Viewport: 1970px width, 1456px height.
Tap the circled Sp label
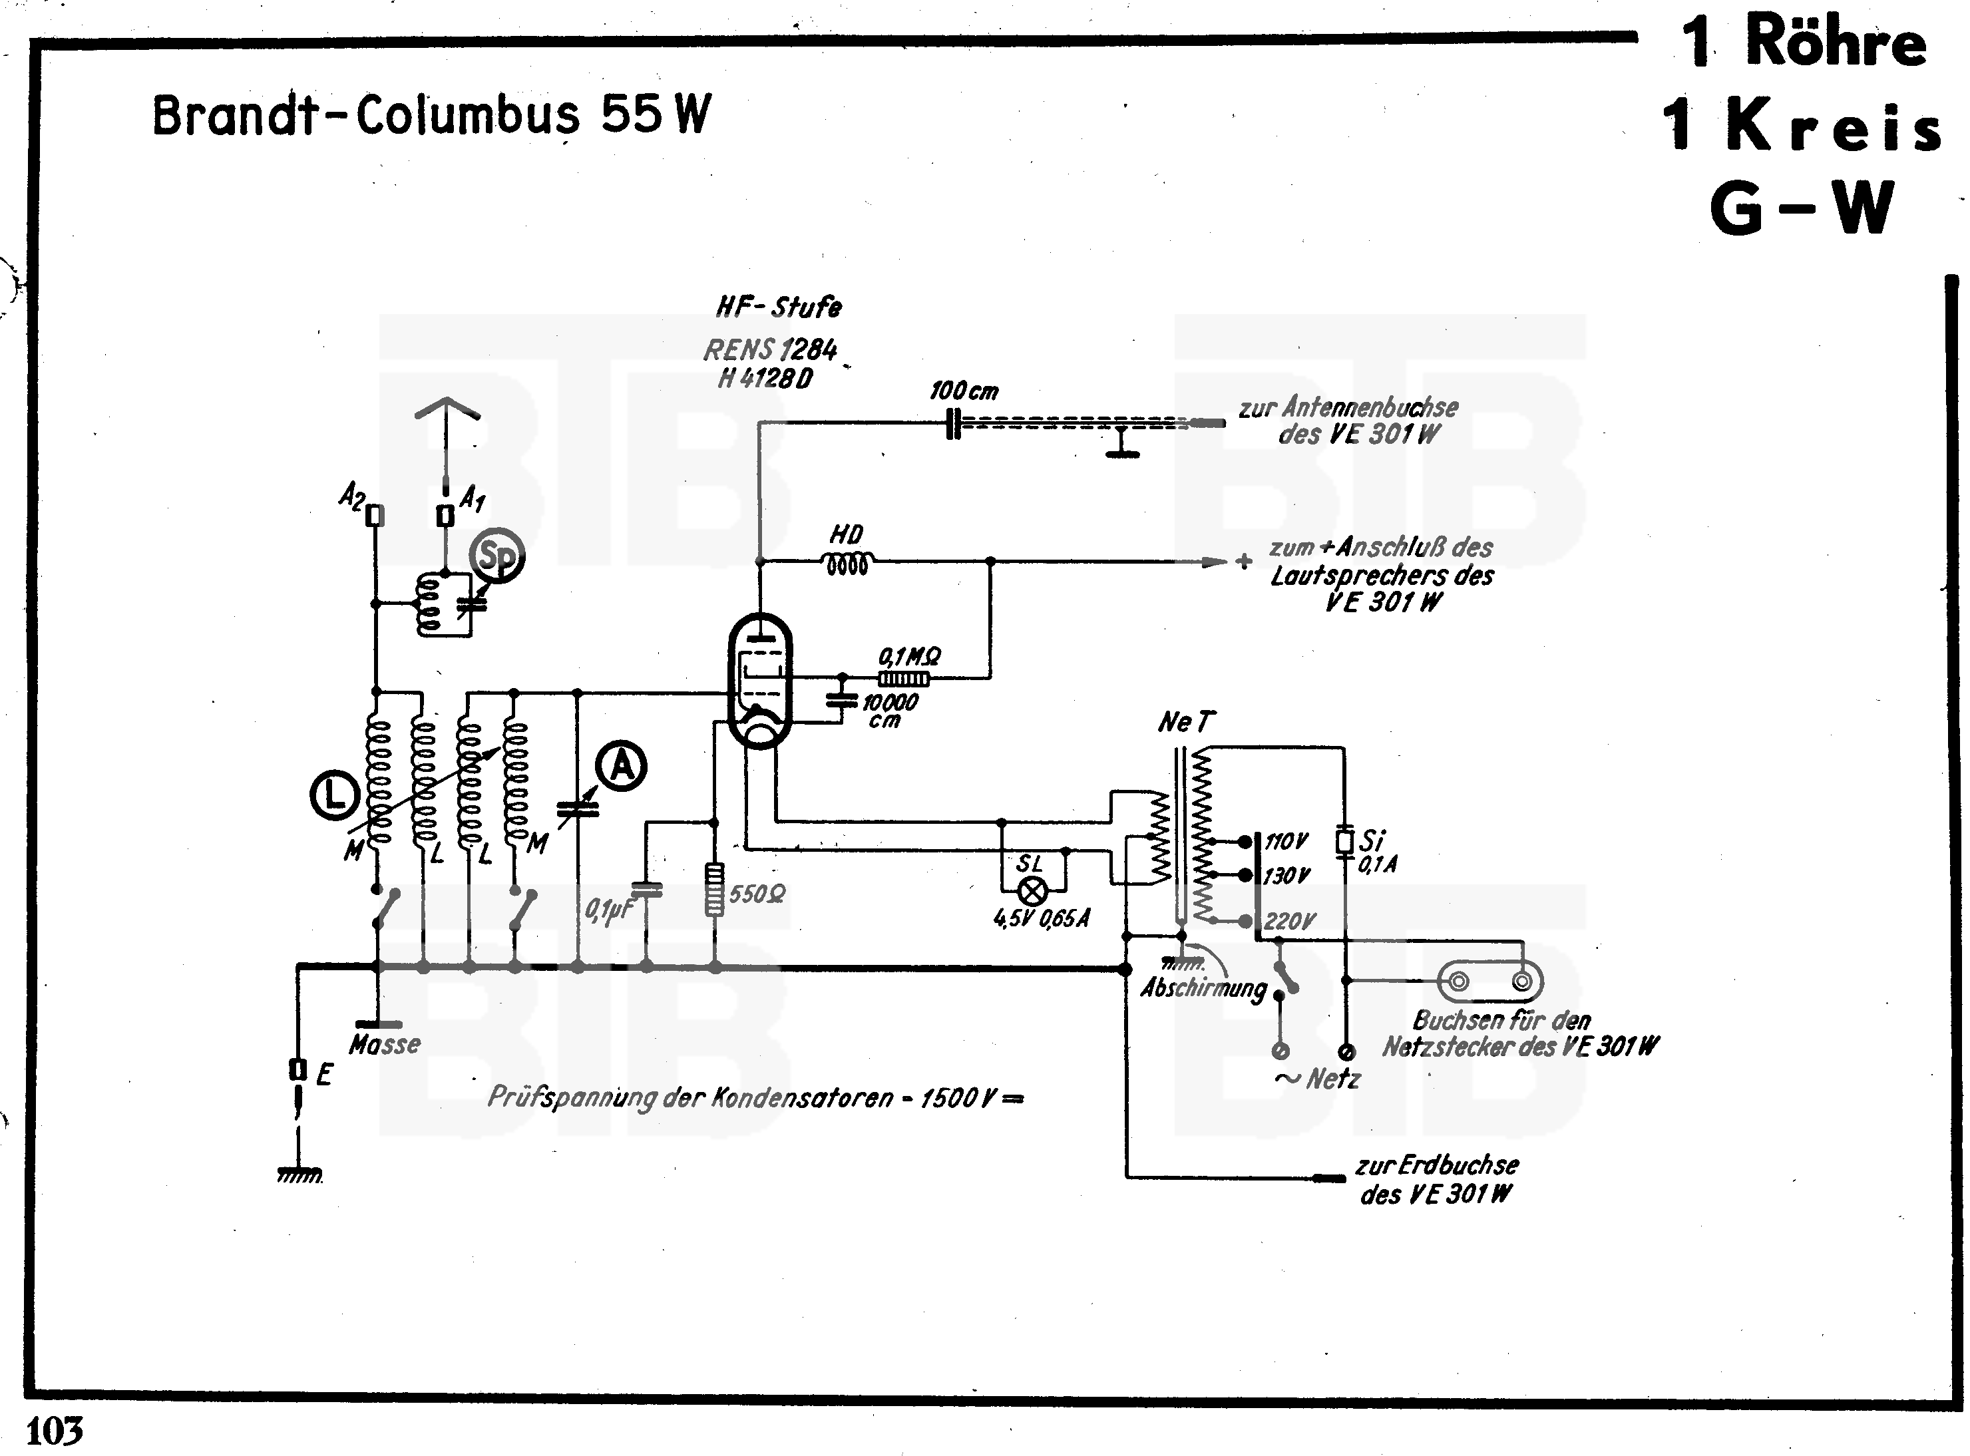(x=498, y=555)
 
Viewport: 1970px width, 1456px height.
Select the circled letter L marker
(x=334, y=796)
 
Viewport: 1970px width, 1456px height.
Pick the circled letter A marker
(x=622, y=766)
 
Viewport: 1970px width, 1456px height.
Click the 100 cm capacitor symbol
(x=952, y=423)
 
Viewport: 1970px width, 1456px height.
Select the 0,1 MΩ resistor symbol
(x=902, y=679)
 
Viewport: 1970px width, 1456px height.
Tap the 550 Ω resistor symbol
(x=714, y=890)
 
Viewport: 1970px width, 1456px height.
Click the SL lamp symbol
(x=1032, y=891)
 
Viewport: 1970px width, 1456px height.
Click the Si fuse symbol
(x=1344, y=842)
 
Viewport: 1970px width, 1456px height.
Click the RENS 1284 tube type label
(x=769, y=350)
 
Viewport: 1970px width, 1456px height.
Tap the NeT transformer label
(x=1185, y=723)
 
